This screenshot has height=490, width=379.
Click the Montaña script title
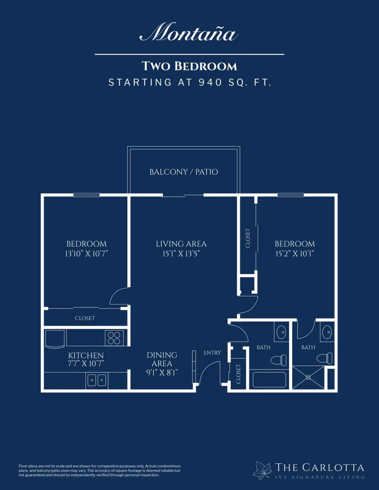pyautogui.click(x=189, y=32)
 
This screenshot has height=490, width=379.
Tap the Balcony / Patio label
pyautogui.click(x=184, y=172)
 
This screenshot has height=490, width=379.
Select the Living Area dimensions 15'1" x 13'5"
pyautogui.click(x=181, y=254)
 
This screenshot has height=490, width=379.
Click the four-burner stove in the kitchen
pyautogui.click(x=114, y=338)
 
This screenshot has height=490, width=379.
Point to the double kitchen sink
pyautogui.click(x=97, y=381)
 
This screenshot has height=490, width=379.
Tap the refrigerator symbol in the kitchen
pyautogui.click(x=55, y=339)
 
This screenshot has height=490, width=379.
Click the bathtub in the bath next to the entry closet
pyautogui.click(x=269, y=380)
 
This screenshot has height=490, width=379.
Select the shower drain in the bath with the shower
pyautogui.click(x=308, y=377)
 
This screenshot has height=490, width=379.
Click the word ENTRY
pyautogui.click(x=212, y=353)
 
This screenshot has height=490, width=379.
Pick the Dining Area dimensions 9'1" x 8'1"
pyautogui.click(x=162, y=373)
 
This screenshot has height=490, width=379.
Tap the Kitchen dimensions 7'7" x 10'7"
pyautogui.click(x=86, y=363)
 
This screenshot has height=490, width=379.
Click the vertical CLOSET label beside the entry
pyautogui.click(x=238, y=374)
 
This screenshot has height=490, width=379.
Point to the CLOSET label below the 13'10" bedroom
pyautogui.click(x=85, y=318)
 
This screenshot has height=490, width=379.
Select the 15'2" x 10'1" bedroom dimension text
pyautogui.click(x=295, y=254)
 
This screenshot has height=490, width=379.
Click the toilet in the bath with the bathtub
pyautogui.click(x=279, y=360)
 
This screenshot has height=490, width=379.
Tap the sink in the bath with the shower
pyautogui.click(x=327, y=332)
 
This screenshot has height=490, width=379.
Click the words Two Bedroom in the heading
pyautogui.click(x=189, y=66)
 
